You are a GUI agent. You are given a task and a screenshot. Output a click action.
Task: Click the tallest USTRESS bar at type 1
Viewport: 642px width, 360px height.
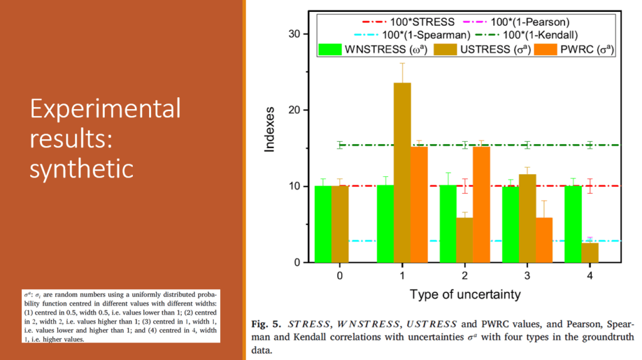[x=402, y=172]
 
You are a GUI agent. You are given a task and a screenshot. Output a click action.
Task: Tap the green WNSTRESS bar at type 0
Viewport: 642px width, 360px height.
[x=323, y=224]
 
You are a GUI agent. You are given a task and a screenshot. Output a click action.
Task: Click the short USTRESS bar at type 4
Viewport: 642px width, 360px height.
[x=590, y=253]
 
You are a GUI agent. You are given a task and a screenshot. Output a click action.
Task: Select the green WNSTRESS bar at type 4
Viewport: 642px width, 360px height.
[x=573, y=224]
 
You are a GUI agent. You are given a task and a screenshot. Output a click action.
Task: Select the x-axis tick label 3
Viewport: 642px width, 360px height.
[x=527, y=275]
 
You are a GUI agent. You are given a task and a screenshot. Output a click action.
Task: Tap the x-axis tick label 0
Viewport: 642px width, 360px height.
[x=339, y=275]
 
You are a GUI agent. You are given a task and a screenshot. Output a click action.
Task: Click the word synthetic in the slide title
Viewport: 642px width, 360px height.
[x=82, y=167]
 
